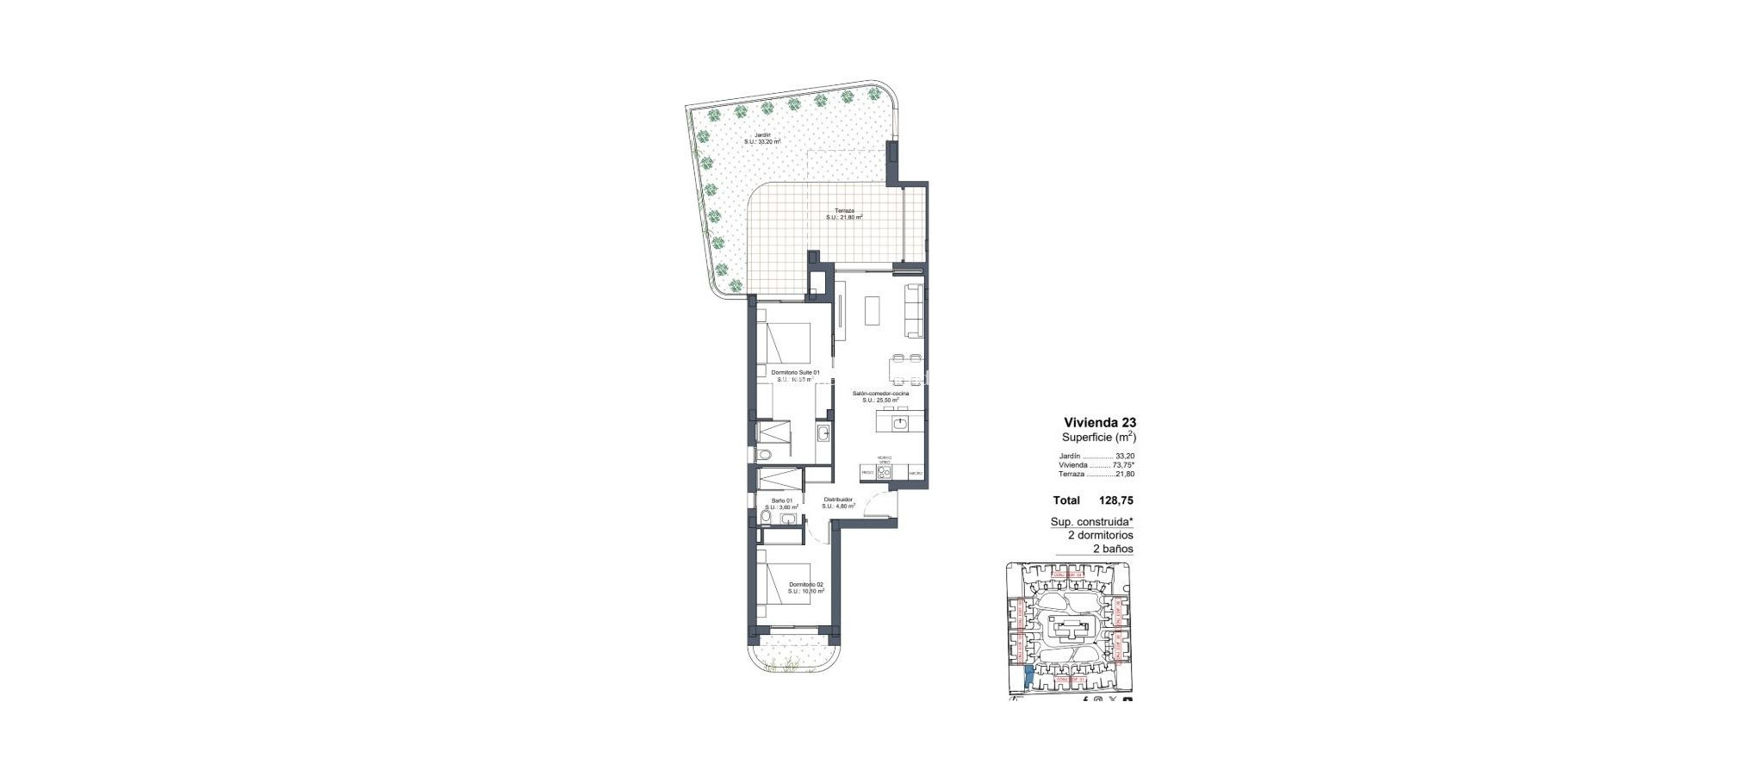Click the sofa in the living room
point(914,311)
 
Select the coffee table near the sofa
point(873,311)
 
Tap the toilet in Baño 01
point(162,518)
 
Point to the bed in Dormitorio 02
point(183,593)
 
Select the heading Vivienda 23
point(1100,423)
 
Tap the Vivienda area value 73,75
point(1122,465)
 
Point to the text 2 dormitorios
point(1100,535)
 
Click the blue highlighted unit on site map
point(1028,679)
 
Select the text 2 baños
point(1113,549)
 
